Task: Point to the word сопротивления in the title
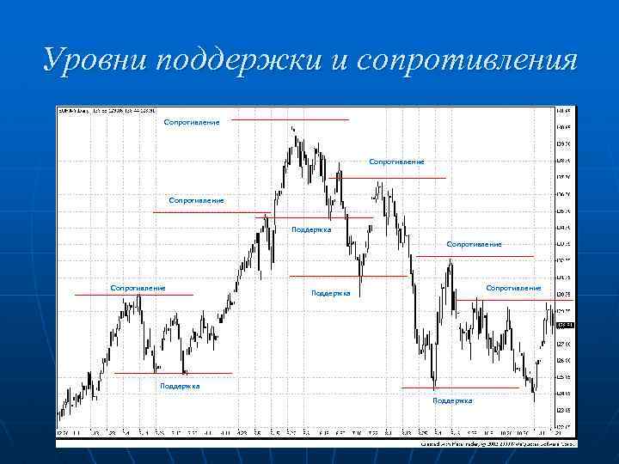click(x=465, y=62)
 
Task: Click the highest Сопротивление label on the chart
click(x=192, y=122)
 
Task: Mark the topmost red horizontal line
click(x=290, y=119)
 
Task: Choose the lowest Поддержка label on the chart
click(x=452, y=400)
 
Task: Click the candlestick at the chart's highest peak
click(x=293, y=131)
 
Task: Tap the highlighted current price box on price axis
click(x=565, y=325)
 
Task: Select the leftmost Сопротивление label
click(x=138, y=288)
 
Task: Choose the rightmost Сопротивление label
click(x=514, y=288)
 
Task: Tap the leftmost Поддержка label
click(x=180, y=386)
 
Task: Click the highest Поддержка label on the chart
click(x=311, y=229)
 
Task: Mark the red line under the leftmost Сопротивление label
click(x=134, y=296)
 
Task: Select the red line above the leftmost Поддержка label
click(x=173, y=374)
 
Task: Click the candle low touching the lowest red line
click(x=435, y=387)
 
